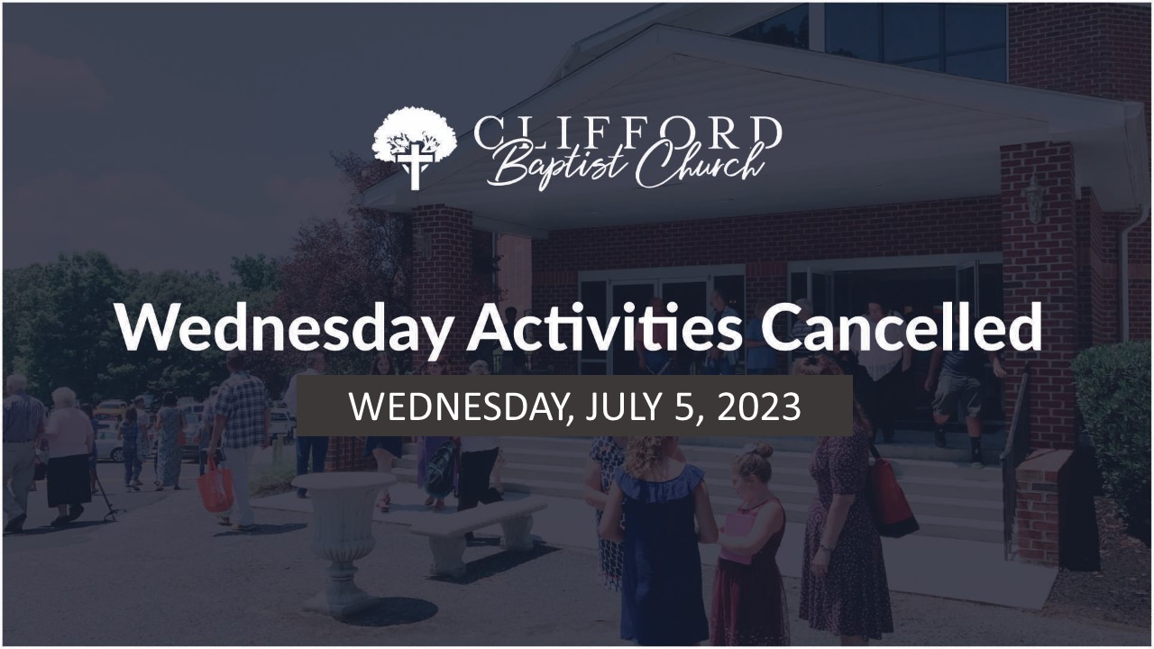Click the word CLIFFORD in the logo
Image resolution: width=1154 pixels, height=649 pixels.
(627, 132)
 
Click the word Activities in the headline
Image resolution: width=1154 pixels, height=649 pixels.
(604, 327)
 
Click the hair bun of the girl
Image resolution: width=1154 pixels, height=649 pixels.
(763, 451)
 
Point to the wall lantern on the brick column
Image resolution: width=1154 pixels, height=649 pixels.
(1034, 198)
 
